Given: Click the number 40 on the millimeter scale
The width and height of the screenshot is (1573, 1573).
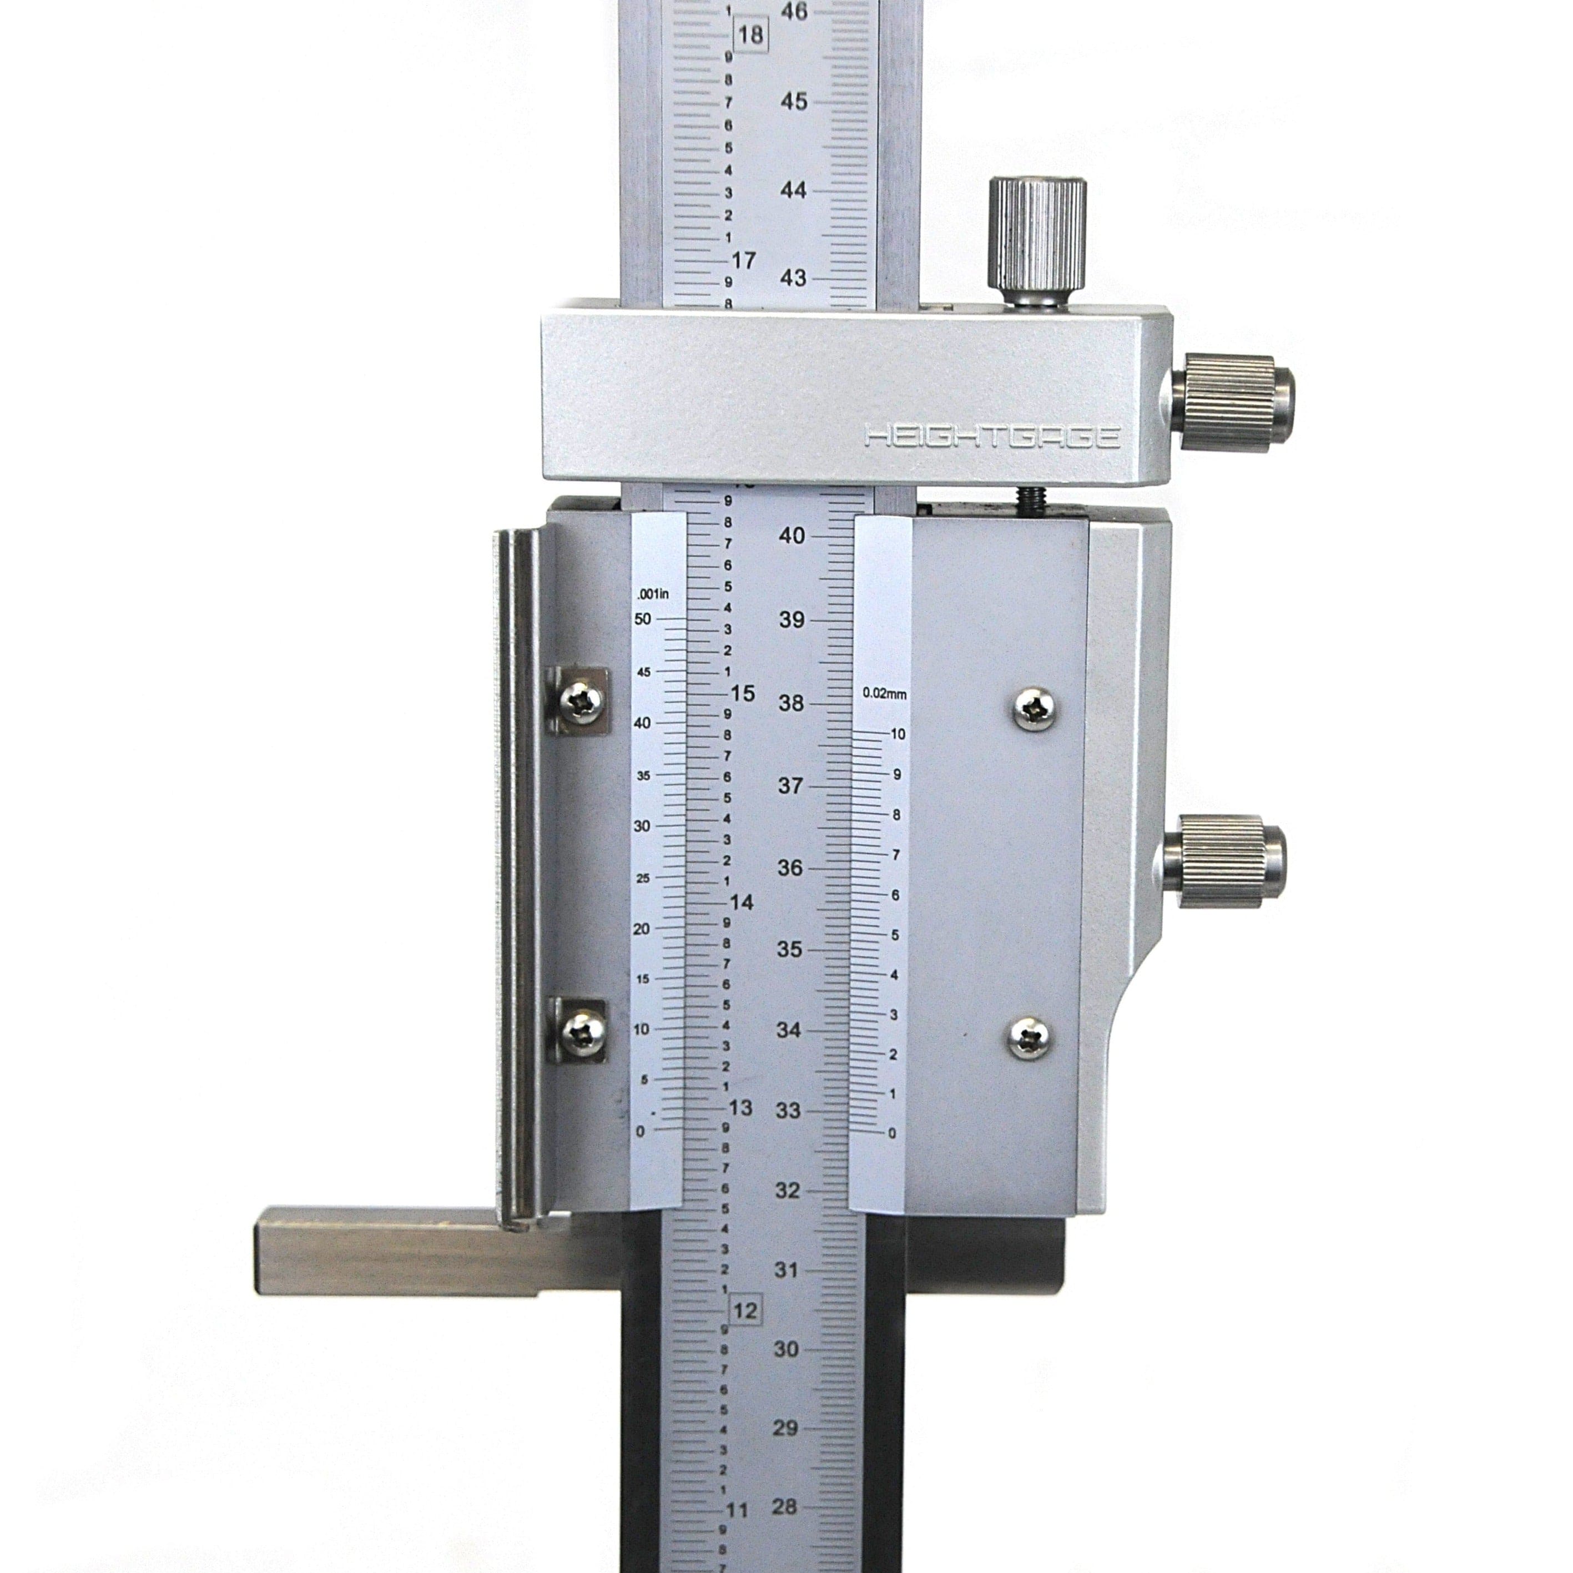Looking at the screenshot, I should tap(792, 536).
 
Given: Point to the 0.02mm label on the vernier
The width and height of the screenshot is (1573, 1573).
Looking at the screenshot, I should tap(884, 694).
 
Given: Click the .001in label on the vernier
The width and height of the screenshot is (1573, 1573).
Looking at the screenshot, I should tap(653, 594).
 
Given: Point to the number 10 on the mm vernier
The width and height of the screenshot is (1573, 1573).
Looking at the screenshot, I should tap(897, 734).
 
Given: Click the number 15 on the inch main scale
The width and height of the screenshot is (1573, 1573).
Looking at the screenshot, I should tap(743, 694).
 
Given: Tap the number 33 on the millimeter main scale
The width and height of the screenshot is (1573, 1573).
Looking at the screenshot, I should tap(788, 1111).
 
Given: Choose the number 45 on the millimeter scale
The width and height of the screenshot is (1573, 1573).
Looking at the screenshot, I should tap(794, 102).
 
